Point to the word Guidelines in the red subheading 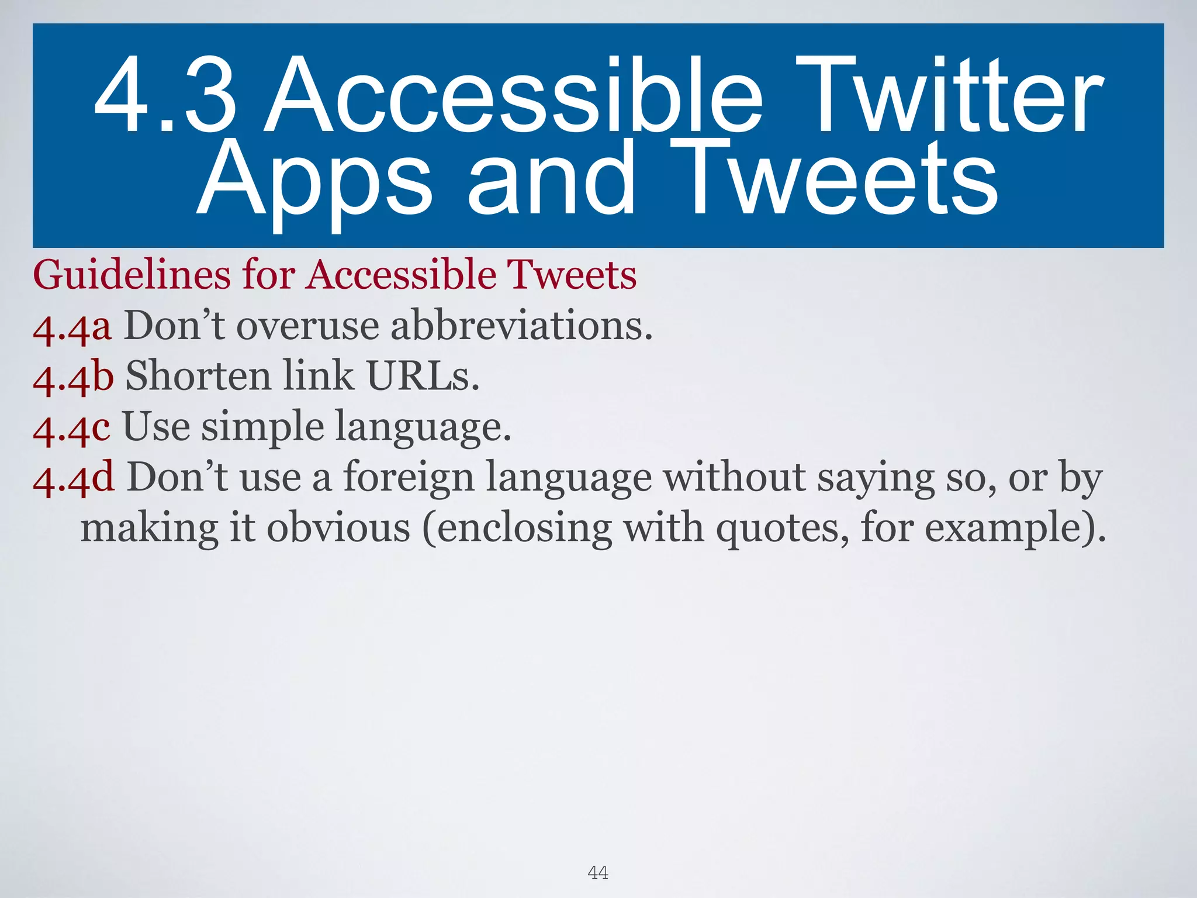coord(132,275)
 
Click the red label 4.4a coord(72,327)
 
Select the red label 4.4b coord(73,377)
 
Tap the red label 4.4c coord(71,427)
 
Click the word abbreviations coord(521,326)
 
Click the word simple coord(262,429)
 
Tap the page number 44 coord(598,873)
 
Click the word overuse coord(307,326)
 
